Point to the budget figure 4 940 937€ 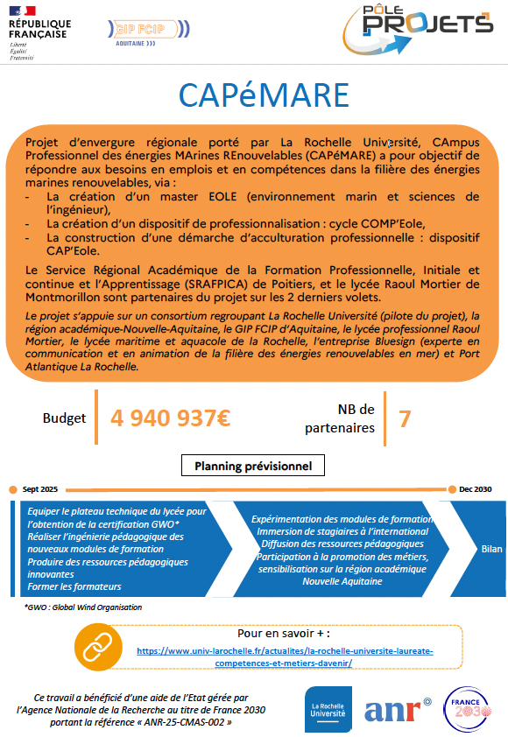(x=170, y=418)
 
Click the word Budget (x=64, y=418)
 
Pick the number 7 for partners (x=405, y=418)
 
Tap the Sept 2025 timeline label (x=40, y=488)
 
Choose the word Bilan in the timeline (x=492, y=549)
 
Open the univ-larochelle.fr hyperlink (x=285, y=657)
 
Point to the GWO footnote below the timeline (x=83, y=607)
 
